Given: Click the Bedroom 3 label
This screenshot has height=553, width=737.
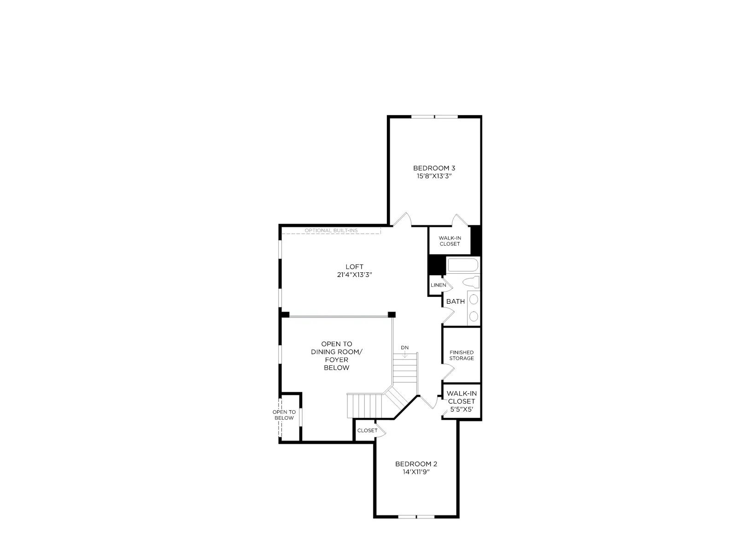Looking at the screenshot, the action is click(434, 168).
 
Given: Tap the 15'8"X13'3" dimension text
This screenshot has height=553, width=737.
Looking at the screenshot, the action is click(434, 176).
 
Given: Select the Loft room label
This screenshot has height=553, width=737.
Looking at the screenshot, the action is click(355, 267).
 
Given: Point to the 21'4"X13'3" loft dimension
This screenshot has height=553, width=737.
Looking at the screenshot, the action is click(355, 275).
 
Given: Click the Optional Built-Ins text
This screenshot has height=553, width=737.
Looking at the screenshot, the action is click(331, 230).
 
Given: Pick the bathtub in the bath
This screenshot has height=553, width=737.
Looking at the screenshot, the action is click(462, 265).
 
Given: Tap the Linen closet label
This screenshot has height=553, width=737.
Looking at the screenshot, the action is click(438, 285).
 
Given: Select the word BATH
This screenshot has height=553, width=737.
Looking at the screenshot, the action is click(455, 301).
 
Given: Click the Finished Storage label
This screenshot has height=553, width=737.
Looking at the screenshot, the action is click(462, 355).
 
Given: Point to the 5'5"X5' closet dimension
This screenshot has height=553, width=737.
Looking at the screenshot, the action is click(462, 409).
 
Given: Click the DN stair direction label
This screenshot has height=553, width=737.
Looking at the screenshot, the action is click(404, 347).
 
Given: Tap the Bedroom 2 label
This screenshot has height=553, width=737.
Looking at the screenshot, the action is click(416, 464).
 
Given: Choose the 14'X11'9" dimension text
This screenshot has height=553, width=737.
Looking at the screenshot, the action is click(416, 472).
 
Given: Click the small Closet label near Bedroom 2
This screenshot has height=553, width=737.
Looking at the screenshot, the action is click(367, 430).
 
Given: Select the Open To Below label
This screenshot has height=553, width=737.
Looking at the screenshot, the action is click(284, 415).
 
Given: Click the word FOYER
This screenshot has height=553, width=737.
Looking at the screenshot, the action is click(336, 359).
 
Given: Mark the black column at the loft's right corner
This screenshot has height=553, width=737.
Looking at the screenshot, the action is click(392, 315).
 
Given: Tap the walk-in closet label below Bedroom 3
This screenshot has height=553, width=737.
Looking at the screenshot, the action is click(450, 241).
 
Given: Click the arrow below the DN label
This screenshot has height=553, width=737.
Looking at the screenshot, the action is click(405, 354).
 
